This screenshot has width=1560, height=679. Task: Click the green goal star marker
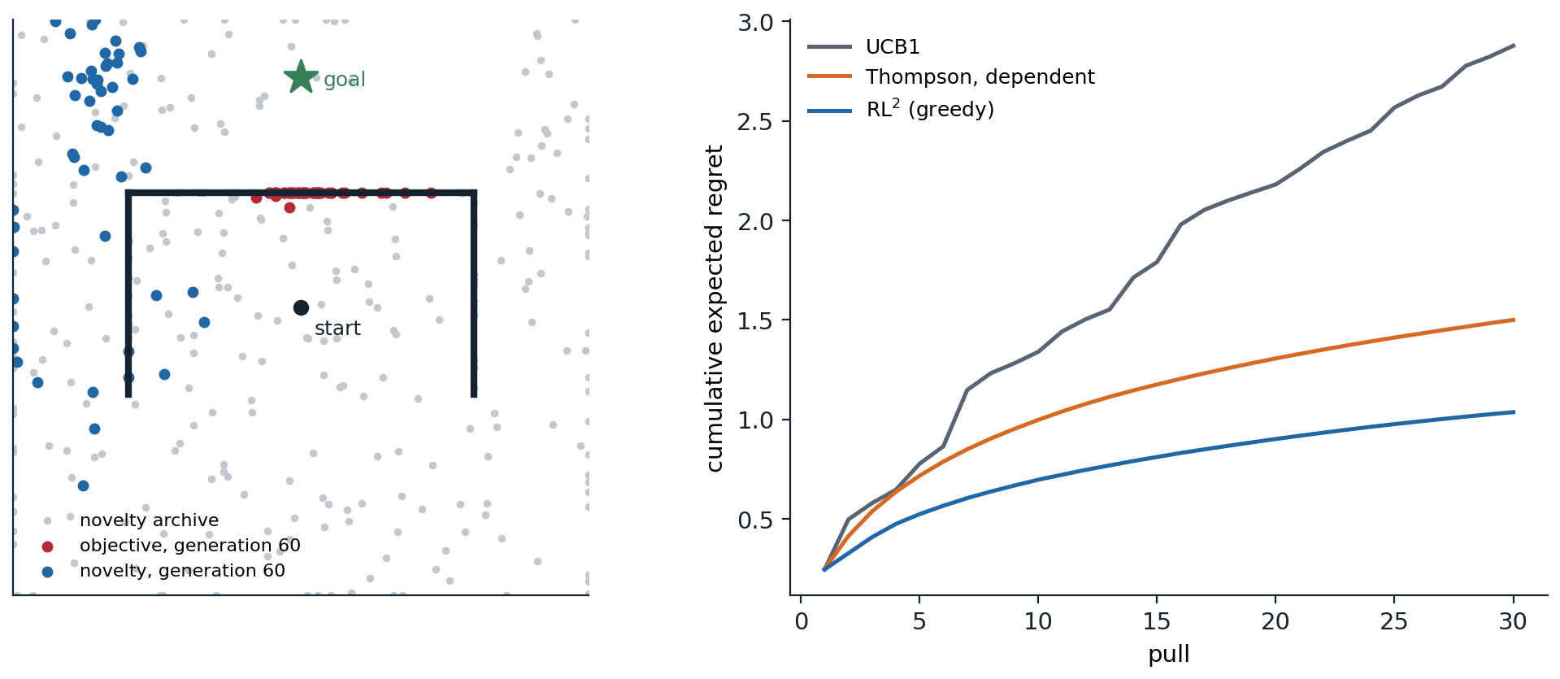(x=301, y=77)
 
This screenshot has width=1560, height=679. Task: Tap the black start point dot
(x=301, y=307)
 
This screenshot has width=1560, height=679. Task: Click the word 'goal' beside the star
(x=344, y=80)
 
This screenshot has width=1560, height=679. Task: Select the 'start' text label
(x=337, y=329)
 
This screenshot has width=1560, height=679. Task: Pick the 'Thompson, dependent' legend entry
(x=951, y=77)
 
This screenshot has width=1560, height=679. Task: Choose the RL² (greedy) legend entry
(x=901, y=109)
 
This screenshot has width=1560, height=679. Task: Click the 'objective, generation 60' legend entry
(x=171, y=546)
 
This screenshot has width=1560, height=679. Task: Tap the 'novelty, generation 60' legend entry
(x=163, y=571)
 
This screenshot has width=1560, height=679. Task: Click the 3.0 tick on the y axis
(x=755, y=23)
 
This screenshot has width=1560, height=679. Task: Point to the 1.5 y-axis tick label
(x=755, y=320)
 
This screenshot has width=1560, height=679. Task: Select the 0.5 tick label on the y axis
(x=755, y=520)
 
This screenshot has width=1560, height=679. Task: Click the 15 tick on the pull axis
(x=1156, y=622)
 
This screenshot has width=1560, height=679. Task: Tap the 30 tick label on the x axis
(x=1513, y=622)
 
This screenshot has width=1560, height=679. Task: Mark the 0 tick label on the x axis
(x=802, y=622)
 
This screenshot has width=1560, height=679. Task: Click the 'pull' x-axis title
(x=1169, y=654)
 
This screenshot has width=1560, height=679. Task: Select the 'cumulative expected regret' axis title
(x=714, y=308)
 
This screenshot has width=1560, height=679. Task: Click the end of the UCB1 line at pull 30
(x=1514, y=46)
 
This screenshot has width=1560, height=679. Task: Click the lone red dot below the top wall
(x=289, y=208)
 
